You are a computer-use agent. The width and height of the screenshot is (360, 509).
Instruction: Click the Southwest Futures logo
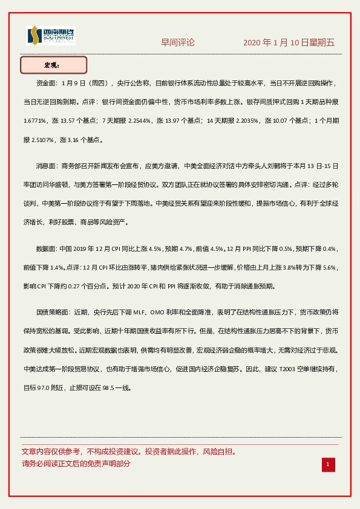pyautogui.click(x=50, y=36)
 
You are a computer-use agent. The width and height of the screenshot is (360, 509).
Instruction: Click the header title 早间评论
pyautogui.click(x=178, y=42)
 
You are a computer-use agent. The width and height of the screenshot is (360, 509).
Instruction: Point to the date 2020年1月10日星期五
pyautogui.click(x=289, y=42)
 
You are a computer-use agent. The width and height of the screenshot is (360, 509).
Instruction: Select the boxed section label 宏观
pyautogui.click(x=54, y=65)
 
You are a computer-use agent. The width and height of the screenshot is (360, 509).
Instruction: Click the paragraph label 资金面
pyautogui.click(x=47, y=82)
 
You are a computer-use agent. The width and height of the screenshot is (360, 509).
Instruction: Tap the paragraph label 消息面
pyautogui.click(x=47, y=165)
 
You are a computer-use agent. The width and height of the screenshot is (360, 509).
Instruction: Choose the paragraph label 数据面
pyautogui.click(x=47, y=248)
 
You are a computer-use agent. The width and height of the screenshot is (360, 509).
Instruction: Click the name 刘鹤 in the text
pyautogui.click(x=263, y=165)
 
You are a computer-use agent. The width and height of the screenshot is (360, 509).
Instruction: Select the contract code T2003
pyautogui.click(x=289, y=368)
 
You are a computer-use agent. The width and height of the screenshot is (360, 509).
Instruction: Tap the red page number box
pyautogui.click(x=328, y=464)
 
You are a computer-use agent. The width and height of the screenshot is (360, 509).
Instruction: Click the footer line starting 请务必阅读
pyautogui.click(x=76, y=464)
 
